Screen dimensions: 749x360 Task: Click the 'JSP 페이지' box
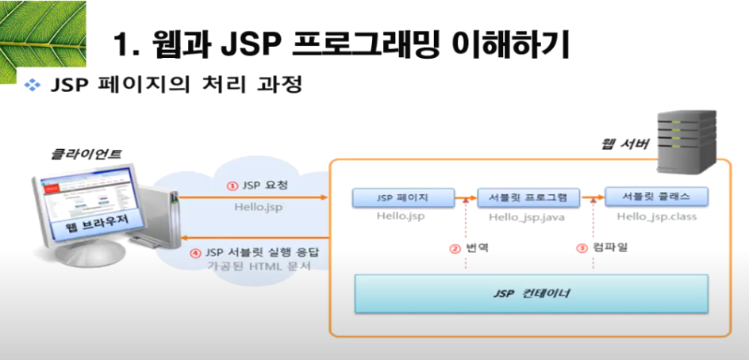pos(402,197)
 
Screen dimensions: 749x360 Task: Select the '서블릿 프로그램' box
pos(528,197)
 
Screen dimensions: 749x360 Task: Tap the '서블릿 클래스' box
pos(655,197)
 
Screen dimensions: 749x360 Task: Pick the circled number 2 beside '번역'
pos(455,247)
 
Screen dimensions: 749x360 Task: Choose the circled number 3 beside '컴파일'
pos(581,247)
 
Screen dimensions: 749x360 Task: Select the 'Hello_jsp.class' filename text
pos(656,215)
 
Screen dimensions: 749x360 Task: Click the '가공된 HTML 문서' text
pos(253,267)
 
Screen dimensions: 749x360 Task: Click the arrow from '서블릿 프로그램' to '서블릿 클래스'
pos(592,197)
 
